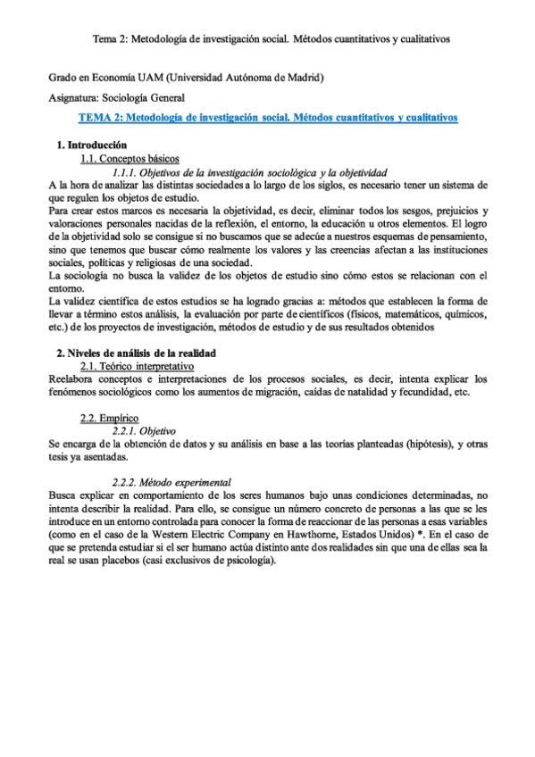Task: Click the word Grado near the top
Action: point(63,78)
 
